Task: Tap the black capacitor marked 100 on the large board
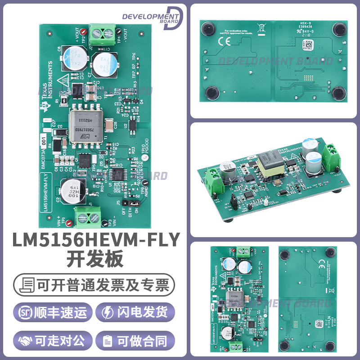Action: (x=72, y=191)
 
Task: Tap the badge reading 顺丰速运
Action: (x=53, y=311)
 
